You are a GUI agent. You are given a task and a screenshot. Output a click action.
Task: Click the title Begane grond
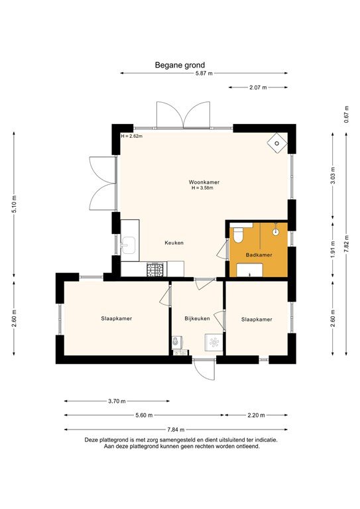click(x=180, y=65)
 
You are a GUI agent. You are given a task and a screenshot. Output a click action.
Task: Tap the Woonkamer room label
click(x=204, y=182)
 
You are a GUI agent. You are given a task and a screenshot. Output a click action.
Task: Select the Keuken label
click(x=174, y=243)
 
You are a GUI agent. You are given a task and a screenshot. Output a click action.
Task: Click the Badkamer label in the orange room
click(x=258, y=254)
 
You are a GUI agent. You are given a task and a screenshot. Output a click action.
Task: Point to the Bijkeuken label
click(x=197, y=319)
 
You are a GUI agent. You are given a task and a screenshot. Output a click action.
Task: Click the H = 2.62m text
click(x=132, y=136)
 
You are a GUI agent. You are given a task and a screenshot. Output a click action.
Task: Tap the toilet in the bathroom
click(x=239, y=233)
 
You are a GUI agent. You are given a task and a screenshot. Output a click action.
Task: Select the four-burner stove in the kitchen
click(x=155, y=269)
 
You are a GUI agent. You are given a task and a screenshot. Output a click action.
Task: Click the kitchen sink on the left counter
click(x=127, y=245)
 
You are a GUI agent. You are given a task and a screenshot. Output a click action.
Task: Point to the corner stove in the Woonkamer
click(x=276, y=142)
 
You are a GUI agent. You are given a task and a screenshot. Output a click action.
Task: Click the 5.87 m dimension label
click(x=204, y=74)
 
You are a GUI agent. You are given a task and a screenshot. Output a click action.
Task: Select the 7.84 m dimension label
click(x=176, y=429)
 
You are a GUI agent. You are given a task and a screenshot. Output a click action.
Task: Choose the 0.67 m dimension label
click(x=346, y=113)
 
